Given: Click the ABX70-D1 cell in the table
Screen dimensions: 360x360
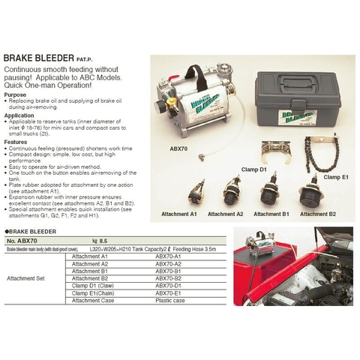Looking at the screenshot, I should pos(168,286).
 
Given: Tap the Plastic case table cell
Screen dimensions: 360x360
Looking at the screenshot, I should pos(169,301).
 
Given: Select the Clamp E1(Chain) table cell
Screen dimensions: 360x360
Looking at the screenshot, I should pos(95,293).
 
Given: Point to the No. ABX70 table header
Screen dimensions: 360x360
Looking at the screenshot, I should pos(21,240).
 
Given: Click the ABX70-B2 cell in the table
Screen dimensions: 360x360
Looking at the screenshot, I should pos(168,278).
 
